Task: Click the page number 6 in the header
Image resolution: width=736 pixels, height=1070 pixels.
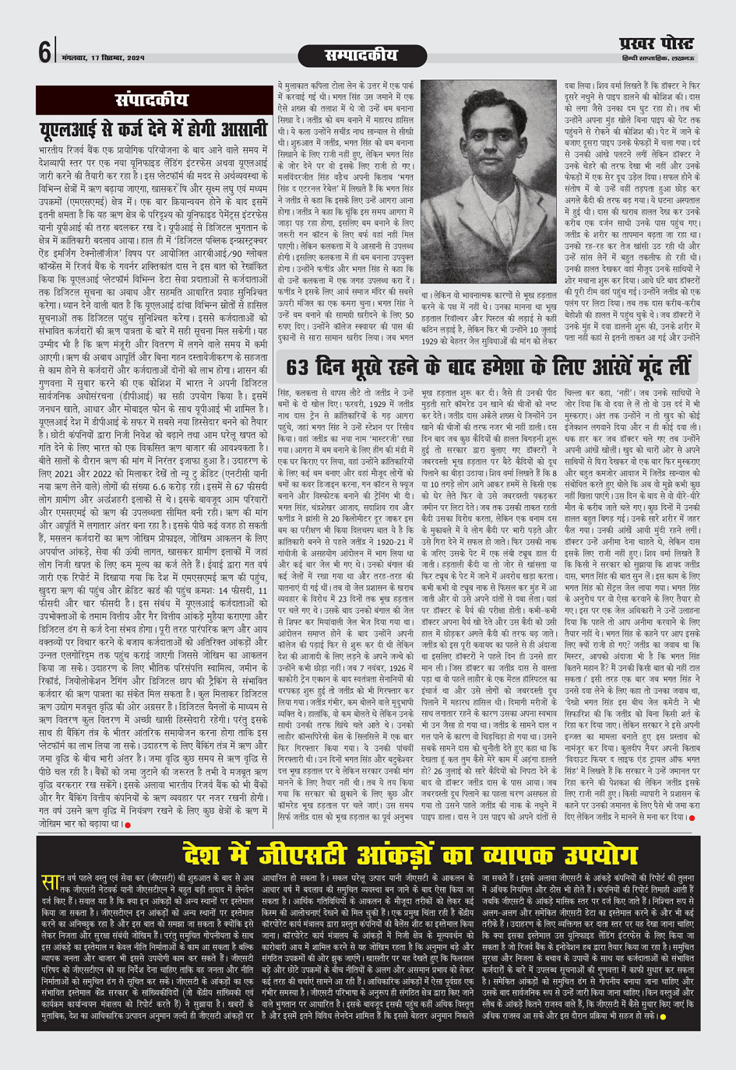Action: point(44,52)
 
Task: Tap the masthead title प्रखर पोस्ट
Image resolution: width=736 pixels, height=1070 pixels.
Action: point(655,44)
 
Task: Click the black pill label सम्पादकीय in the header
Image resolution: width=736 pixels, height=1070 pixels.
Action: point(360,55)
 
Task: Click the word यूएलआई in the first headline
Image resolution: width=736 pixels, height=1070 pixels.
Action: point(76,129)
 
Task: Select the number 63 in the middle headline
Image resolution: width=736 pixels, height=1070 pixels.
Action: point(301,367)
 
